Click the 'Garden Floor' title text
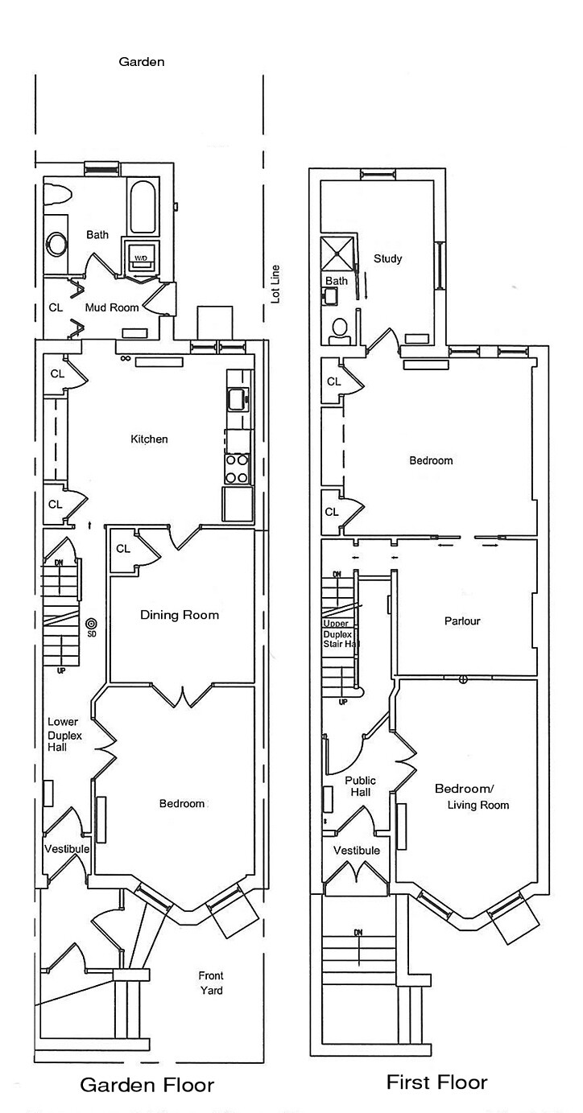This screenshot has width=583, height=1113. pyautogui.click(x=147, y=1085)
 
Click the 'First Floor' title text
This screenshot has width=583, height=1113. pyautogui.click(x=436, y=1082)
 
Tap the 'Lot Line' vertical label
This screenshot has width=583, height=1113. pyautogui.click(x=275, y=283)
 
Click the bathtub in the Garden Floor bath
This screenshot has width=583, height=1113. pyautogui.click(x=143, y=206)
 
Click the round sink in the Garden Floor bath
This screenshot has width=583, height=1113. pyautogui.click(x=57, y=243)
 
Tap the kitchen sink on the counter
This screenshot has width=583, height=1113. pyautogui.click(x=238, y=398)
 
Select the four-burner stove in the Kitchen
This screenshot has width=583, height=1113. pyautogui.click(x=237, y=469)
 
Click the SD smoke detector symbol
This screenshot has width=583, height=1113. pyautogui.click(x=91, y=624)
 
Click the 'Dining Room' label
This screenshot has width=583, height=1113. pyautogui.click(x=180, y=615)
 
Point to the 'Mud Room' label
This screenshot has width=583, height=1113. pyautogui.click(x=112, y=307)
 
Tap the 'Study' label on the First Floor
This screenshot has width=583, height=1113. pyautogui.click(x=387, y=258)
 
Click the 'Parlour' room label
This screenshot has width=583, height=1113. pyautogui.click(x=462, y=621)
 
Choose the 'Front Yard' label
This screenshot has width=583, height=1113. pyautogui.click(x=211, y=983)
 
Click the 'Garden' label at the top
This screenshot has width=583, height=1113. pyautogui.click(x=142, y=61)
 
